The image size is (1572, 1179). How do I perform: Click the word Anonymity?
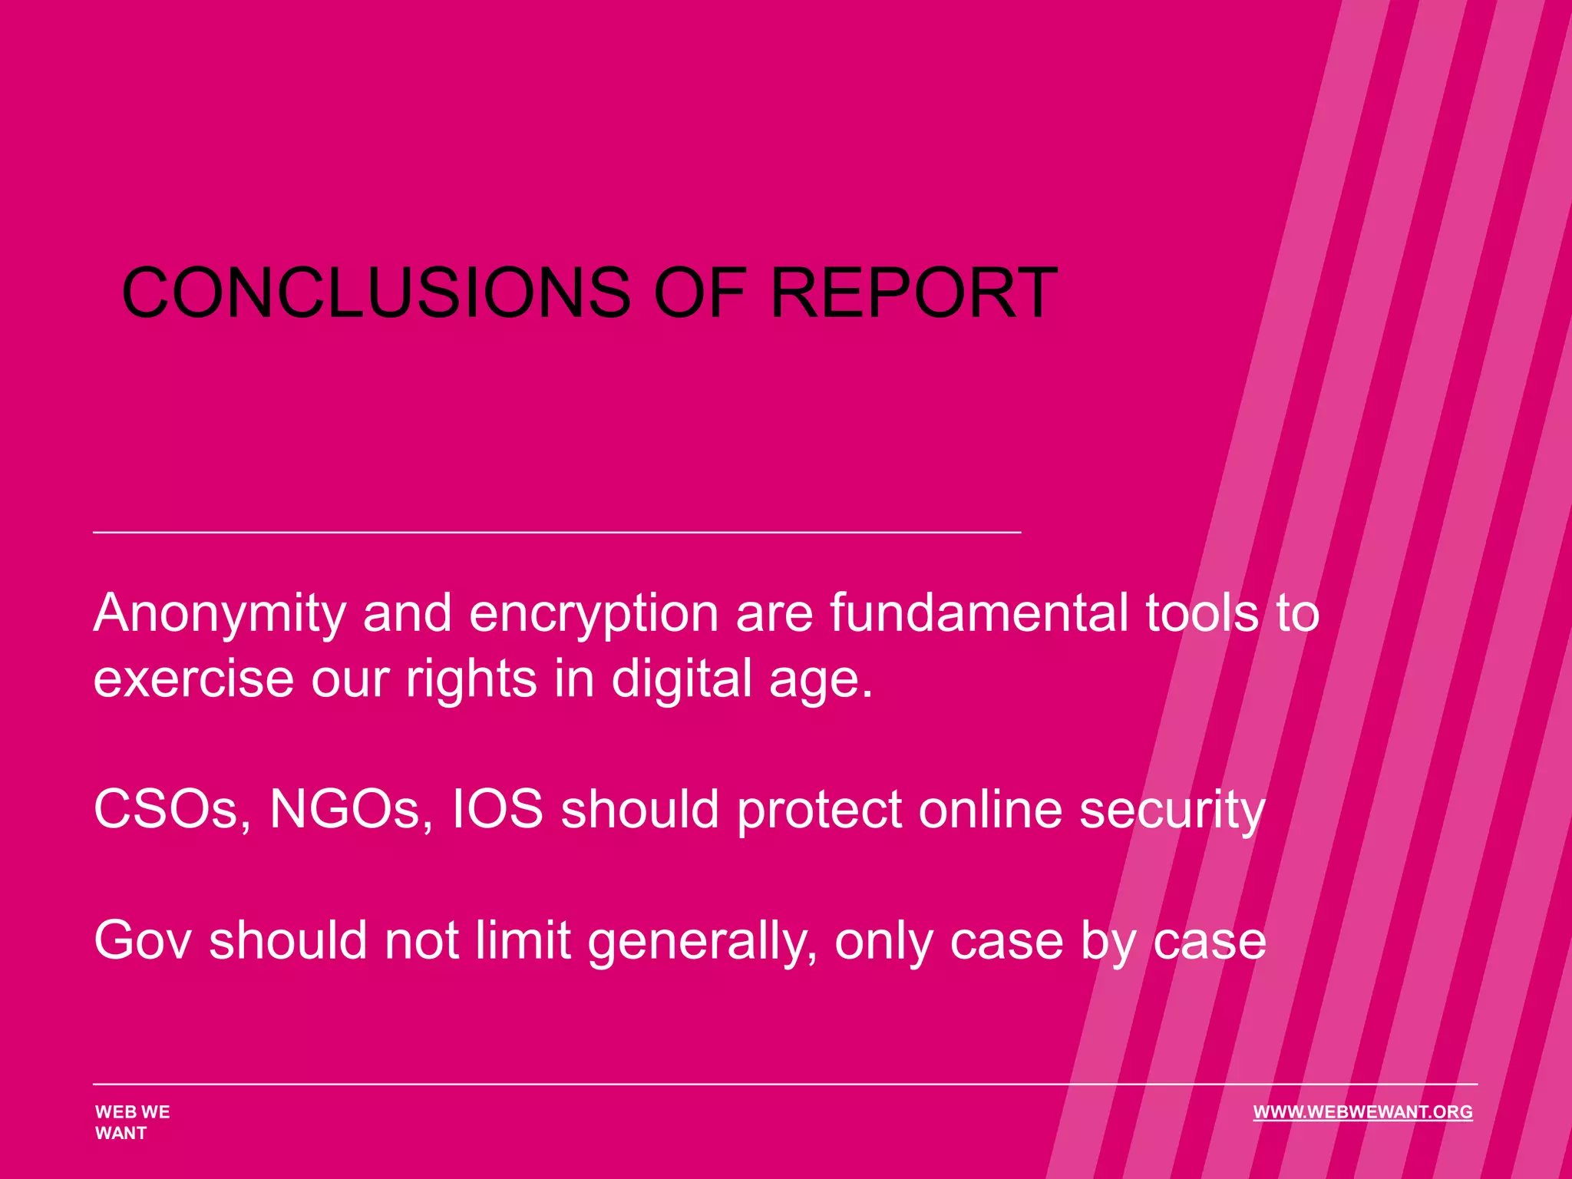220,614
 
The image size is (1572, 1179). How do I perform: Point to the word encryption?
594,614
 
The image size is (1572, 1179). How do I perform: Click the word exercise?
193,679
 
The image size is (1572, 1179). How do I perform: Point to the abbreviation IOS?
497,810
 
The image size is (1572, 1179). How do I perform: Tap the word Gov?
142,941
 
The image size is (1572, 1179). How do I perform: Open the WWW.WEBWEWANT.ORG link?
1362,1112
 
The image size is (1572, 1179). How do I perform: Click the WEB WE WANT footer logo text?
132,1122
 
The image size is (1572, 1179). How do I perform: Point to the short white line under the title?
556,531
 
